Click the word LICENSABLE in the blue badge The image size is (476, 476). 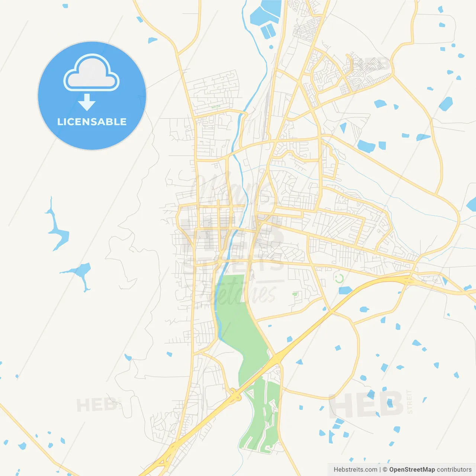pos(92,122)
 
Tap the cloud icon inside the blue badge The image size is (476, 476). pos(91,73)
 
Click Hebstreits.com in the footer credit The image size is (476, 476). pos(355,470)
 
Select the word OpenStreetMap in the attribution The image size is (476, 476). pos(412,470)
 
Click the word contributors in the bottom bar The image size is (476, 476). pos(454,470)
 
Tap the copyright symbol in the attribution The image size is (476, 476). pos(385,470)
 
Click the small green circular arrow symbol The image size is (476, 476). pos(339,278)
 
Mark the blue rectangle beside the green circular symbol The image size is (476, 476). pos(345,290)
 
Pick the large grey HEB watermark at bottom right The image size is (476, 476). pos(366,404)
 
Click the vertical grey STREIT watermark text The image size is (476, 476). pos(409,402)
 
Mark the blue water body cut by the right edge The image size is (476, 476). pos(472,204)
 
